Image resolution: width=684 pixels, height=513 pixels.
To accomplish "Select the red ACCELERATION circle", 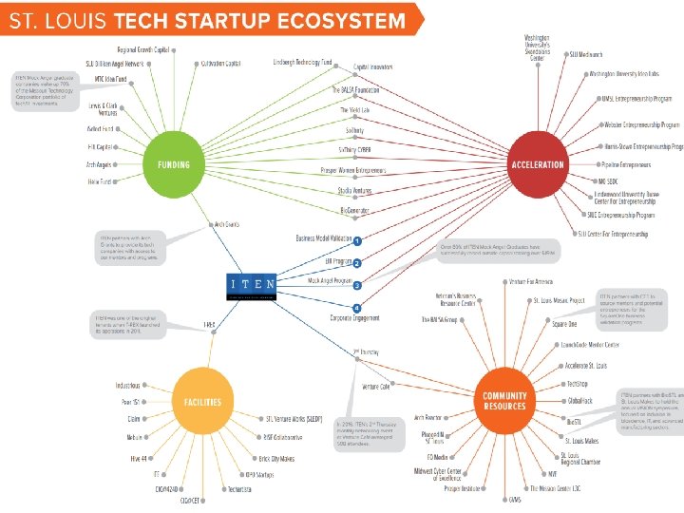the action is (x=538, y=163).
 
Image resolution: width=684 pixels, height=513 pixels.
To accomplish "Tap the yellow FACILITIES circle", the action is (x=202, y=401).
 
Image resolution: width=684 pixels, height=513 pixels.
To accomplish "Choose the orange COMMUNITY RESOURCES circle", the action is (x=503, y=401).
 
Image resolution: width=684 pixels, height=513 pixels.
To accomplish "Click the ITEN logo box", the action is (x=252, y=283).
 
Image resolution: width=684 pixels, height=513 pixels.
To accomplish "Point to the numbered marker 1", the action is (x=357, y=242).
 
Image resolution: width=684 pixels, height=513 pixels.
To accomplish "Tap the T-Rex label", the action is (x=210, y=326).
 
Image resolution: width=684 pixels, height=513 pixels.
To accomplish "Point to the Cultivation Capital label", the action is (x=220, y=64).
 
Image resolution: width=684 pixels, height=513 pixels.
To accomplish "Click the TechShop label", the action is (x=577, y=384).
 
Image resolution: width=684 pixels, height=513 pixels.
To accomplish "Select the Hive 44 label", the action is (x=139, y=457).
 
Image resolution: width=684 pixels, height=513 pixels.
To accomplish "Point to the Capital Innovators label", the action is (x=373, y=67).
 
